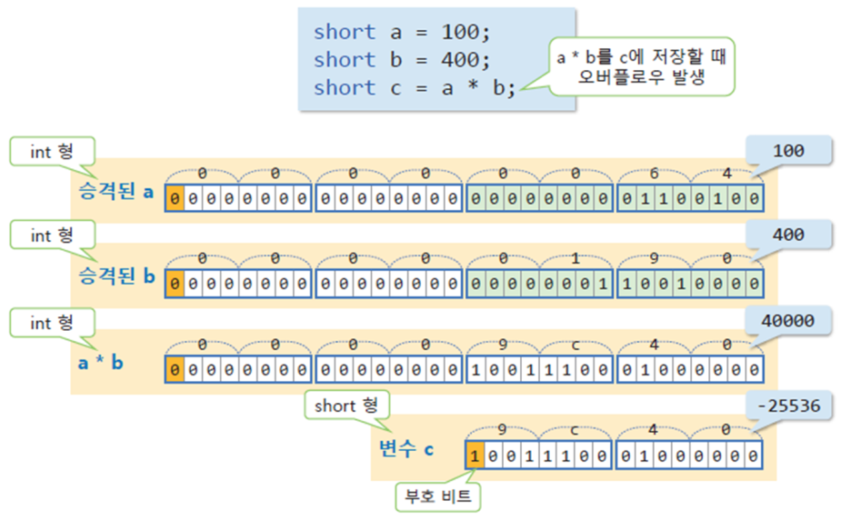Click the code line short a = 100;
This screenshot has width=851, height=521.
pyautogui.click(x=402, y=32)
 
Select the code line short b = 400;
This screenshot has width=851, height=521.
pyautogui.click(x=402, y=60)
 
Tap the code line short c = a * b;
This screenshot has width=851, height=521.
pyautogui.click(x=415, y=88)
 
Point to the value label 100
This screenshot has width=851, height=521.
pyautogui.click(x=787, y=151)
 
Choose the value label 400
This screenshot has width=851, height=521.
pyautogui.click(x=787, y=235)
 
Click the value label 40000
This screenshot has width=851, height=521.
pyautogui.click(x=787, y=320)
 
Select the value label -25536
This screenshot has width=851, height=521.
pyautogui.click(x=787, y=405)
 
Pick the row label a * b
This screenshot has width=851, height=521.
pyautogui.click(x=99, y=363)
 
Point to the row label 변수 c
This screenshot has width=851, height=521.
pyautogui.click(x=406, y=447)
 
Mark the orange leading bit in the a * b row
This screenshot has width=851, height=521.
pyautogui.click(x=175, y=370)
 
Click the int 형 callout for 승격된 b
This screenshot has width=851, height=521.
pyautogui.click(x=52, y=235)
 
